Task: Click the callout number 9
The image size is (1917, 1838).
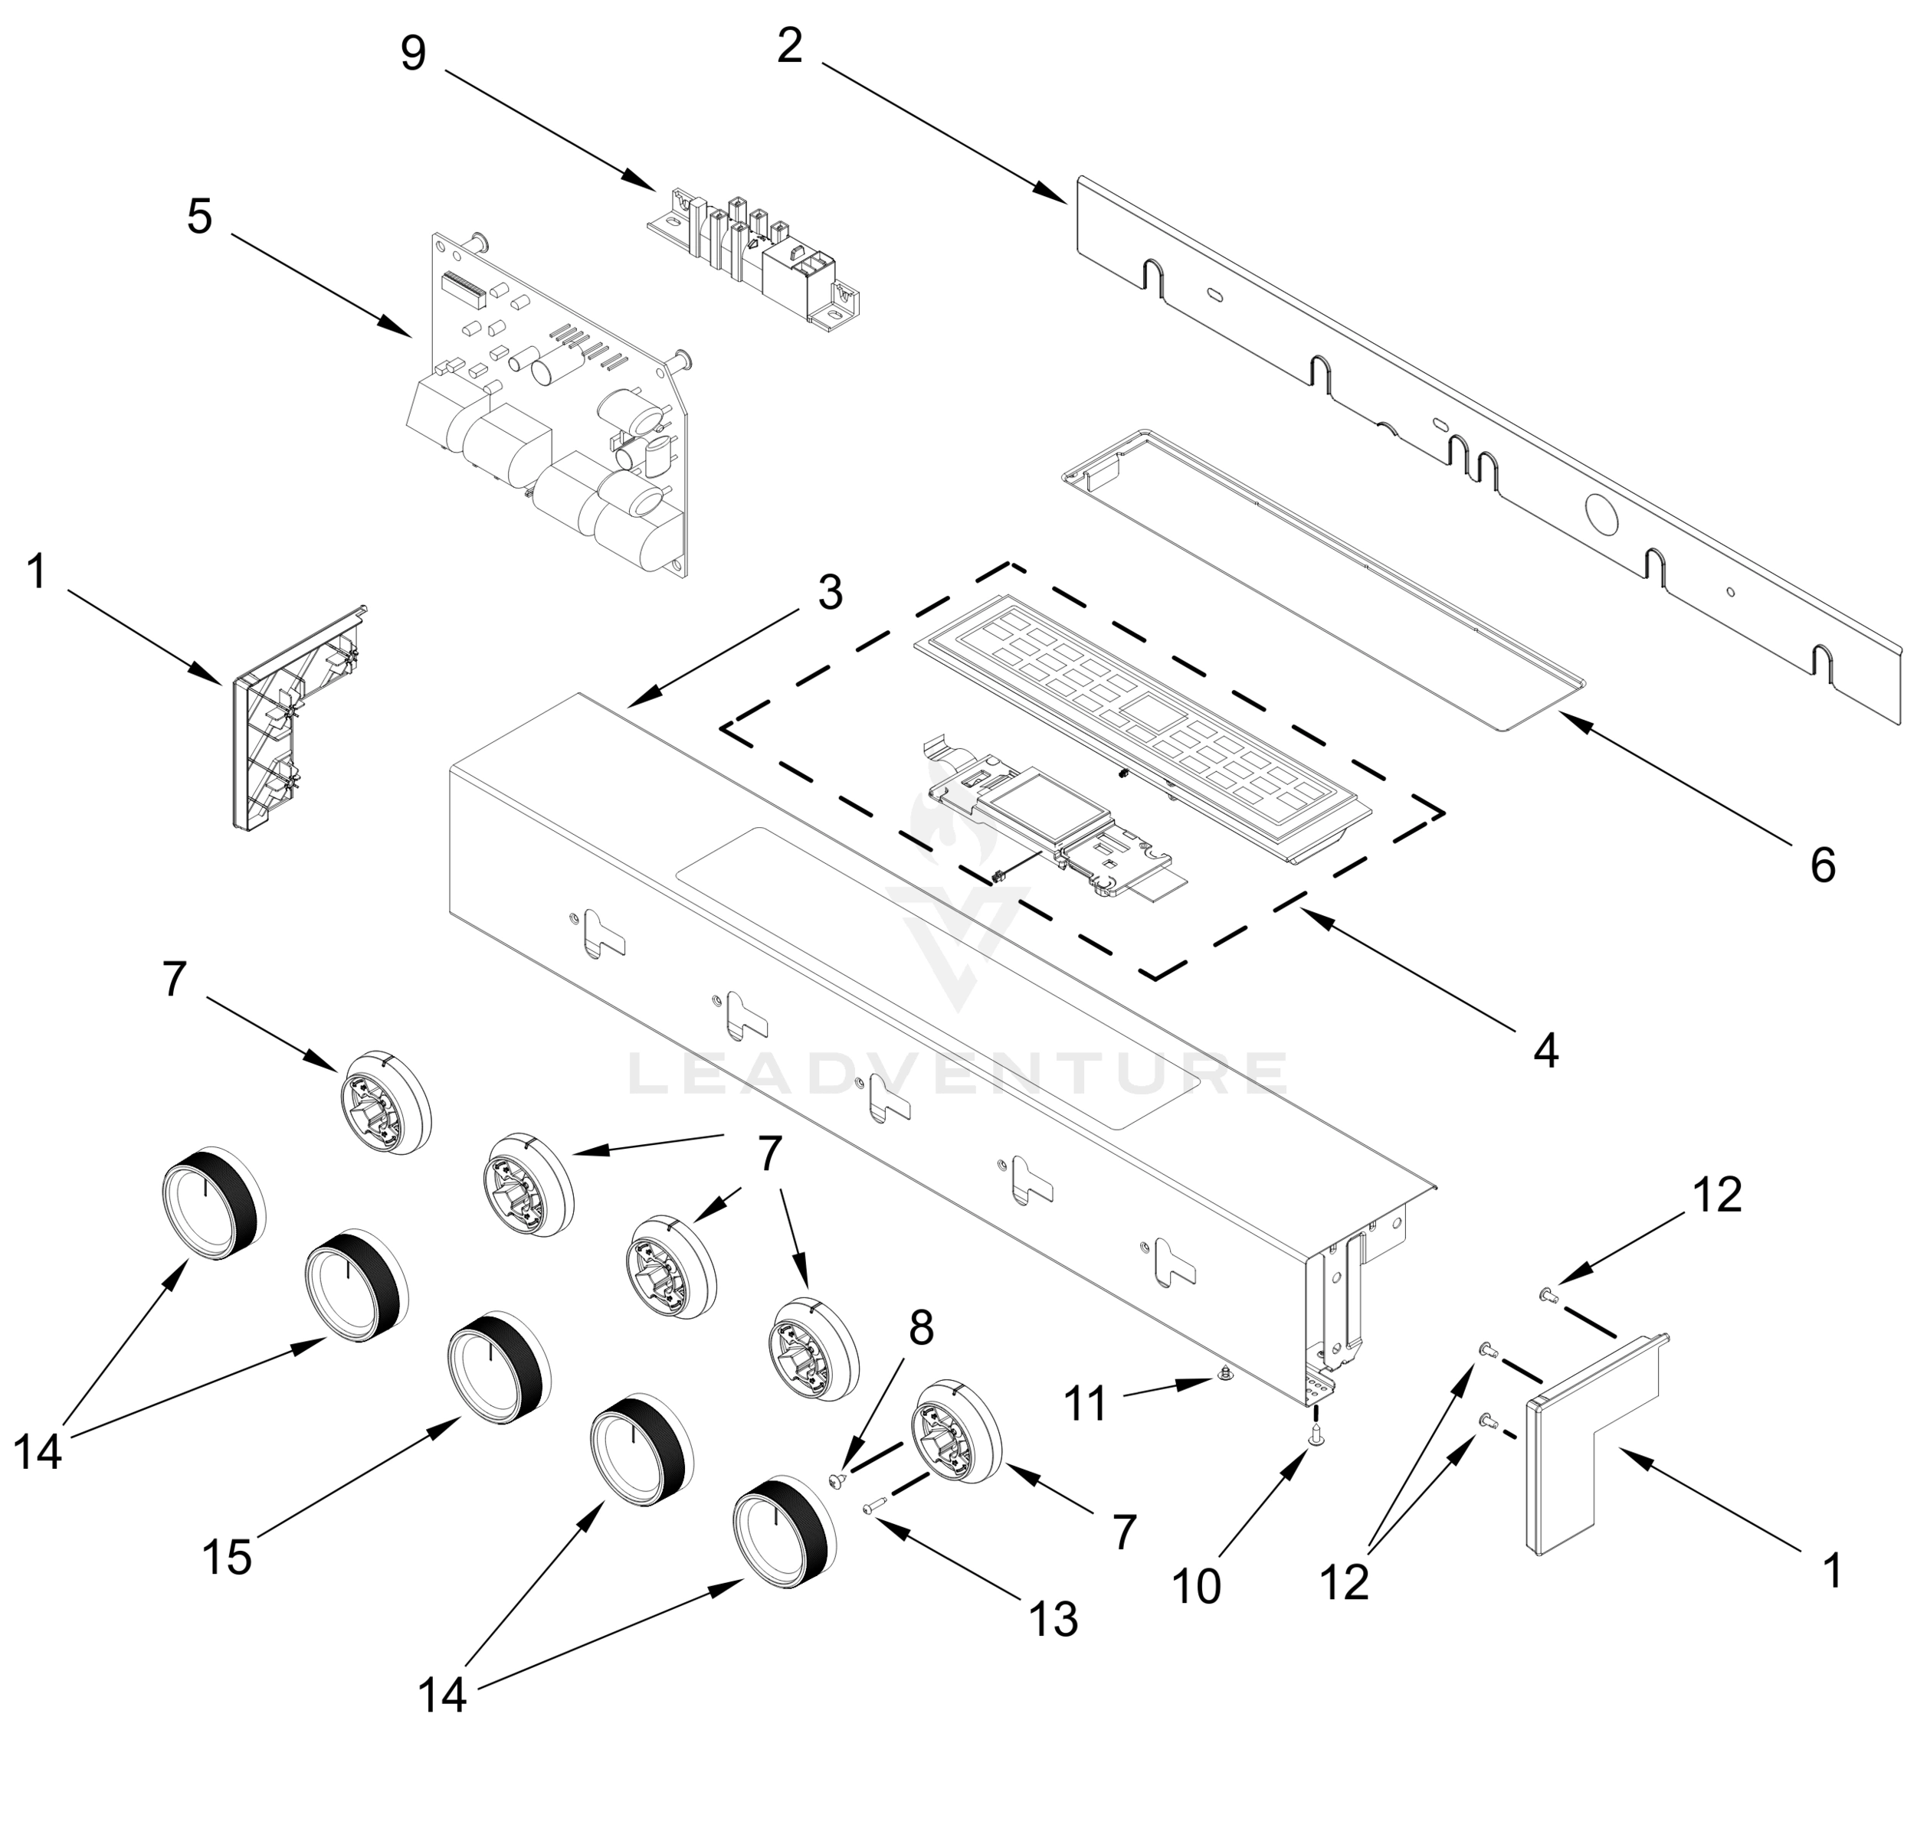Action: [413, 53]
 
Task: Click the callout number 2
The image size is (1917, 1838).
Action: [789, 46]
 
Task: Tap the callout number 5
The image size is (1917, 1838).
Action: [199, 216]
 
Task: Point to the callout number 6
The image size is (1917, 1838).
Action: [1822, 865]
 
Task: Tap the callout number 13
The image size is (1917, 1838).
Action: [1054, 1620]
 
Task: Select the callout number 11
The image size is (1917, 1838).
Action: [1085, 1405]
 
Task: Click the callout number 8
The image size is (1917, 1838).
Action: [920, 1329]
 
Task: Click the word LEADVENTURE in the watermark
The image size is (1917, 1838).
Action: [956, 1072]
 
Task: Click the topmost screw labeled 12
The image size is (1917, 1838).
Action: [1546, 1295]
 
